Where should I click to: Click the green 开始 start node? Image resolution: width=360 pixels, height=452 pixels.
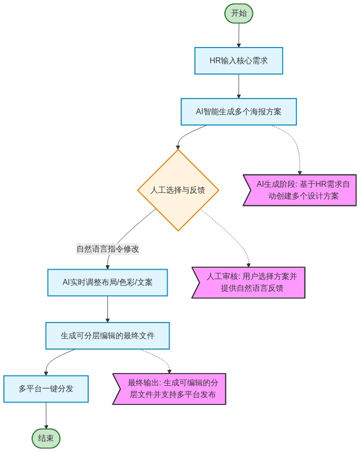coord(239,13)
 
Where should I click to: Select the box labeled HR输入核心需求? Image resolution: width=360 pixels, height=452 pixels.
coord(239,61)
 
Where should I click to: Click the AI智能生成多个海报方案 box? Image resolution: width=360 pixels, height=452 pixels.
coord(239,112)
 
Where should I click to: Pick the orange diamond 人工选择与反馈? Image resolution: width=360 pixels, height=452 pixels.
coord(178,190)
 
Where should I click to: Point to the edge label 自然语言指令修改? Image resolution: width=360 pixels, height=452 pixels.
coord(108,249)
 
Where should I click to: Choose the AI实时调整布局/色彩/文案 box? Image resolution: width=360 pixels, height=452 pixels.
coord(107,282)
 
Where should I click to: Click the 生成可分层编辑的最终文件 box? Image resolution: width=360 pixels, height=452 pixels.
coord(107,336)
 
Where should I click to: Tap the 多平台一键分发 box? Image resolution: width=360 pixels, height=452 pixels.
coord(46,389)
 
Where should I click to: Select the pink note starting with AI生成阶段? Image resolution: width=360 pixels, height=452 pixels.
coord(300,190)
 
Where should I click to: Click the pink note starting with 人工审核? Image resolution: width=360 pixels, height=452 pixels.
coord(248,282)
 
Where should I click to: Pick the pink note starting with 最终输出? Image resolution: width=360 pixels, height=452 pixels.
coord(169,389)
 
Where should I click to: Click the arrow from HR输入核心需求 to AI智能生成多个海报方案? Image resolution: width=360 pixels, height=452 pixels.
coord(239,86)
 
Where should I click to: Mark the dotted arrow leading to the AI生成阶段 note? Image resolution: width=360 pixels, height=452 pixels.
coord(294,142)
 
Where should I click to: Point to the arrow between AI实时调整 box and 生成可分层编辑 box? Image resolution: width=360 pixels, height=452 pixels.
coord(107,309)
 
